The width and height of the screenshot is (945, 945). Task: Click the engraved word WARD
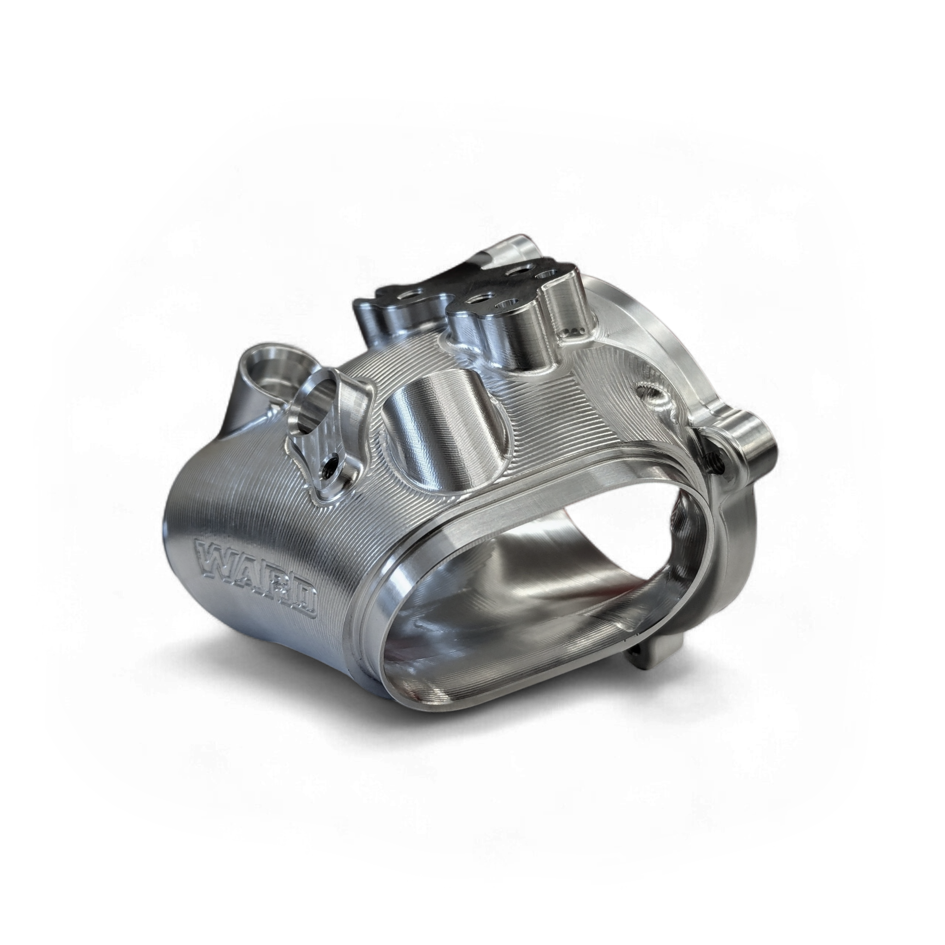click(x=256, y=579)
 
